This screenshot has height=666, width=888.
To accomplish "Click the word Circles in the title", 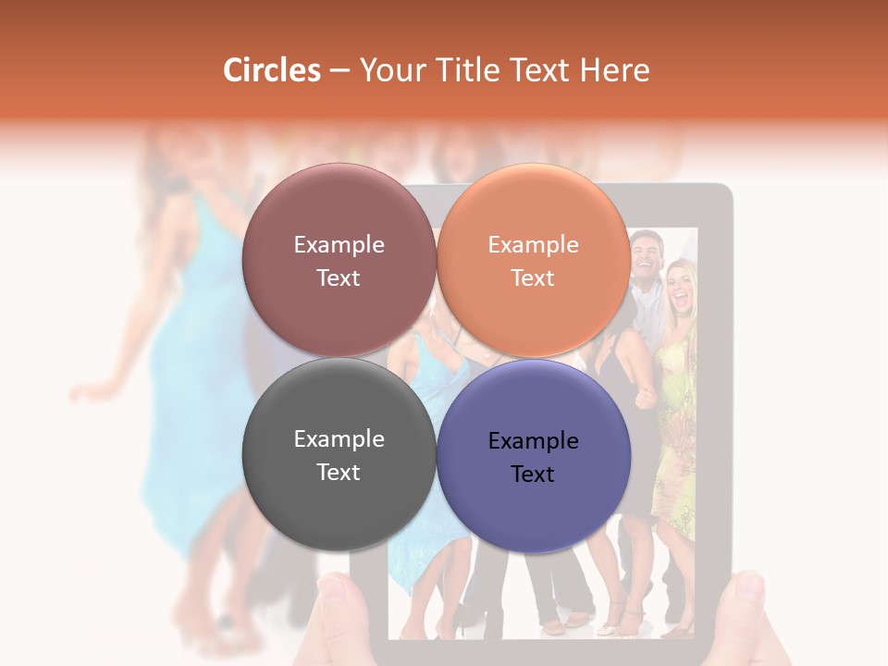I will point(272,70).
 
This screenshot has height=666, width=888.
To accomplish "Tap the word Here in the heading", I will point(614,70).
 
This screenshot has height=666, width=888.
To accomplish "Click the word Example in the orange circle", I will point(534,245).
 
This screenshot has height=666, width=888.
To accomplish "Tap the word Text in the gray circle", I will point(339,472).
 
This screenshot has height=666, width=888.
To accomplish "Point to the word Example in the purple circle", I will point(534,441).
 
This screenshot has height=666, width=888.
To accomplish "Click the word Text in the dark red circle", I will point(339,278).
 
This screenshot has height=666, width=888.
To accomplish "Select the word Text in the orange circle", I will point(534,278).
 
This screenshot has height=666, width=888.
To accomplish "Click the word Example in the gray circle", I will point(339,439).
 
